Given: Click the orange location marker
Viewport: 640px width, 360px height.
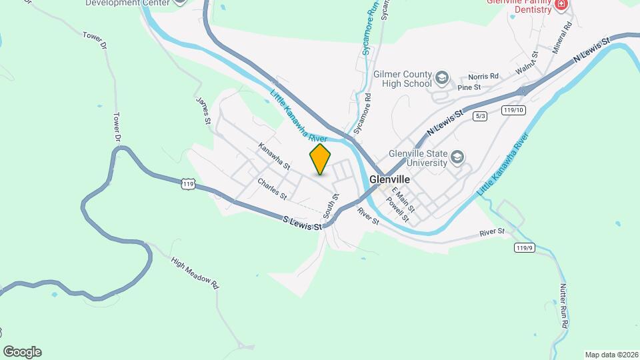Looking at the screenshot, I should pos(320,159).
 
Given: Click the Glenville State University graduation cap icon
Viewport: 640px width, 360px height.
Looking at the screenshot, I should pos(457,157).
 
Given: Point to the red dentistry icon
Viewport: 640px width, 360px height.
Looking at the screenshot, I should pos(561,5).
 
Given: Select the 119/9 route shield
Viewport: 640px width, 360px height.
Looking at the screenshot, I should pos(524,247).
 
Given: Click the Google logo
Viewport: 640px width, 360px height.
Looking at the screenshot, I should pos(22,352).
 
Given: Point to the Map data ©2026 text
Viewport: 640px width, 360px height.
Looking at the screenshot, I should pos(611,355).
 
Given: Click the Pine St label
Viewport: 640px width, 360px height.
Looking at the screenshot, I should pos(469,87).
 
